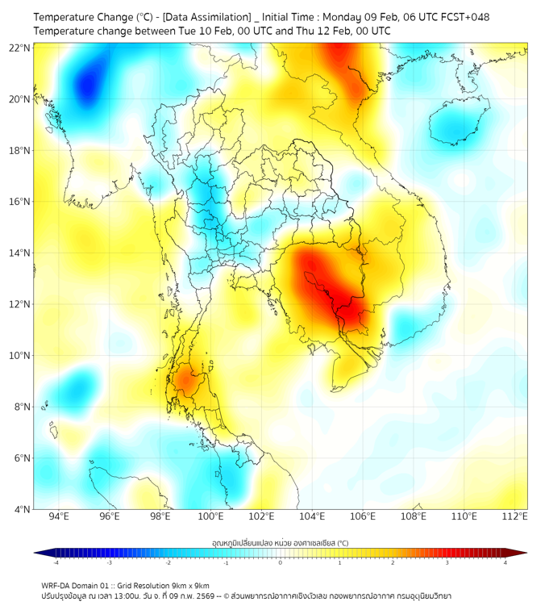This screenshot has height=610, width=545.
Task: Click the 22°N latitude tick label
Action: [x=19, y=48]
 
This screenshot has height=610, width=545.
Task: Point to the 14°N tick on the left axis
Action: [x=19, y=253]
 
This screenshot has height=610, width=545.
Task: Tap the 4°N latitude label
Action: [x=22, y=509]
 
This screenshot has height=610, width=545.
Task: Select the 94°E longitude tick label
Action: [x=59, y=516]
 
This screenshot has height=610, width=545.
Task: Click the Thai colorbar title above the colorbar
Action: [x=280, y=542]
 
